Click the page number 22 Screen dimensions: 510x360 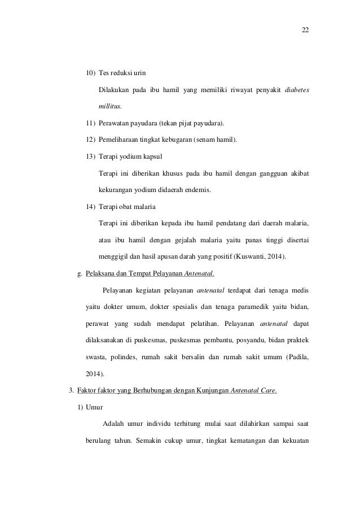pos(305,30)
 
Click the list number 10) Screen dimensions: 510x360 pos(90,73)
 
